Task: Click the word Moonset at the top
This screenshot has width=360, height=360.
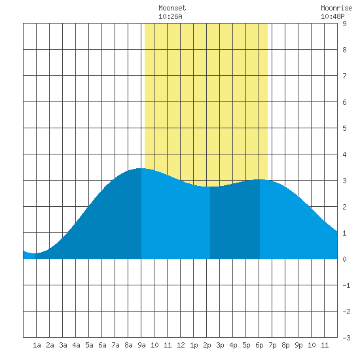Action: (x=172, y=8)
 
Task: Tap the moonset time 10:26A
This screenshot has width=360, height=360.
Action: (x=170, y=16)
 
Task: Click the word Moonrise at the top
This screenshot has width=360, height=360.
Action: (x=336, y=8)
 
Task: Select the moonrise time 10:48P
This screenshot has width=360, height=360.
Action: (x=333, y=16)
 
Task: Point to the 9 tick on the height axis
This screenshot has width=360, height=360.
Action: (x=344, y=24)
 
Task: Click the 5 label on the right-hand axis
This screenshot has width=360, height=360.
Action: (x=344, y=128)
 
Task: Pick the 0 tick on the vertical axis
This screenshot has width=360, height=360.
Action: (x=344, y=259)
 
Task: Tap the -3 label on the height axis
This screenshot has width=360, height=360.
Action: (x=346, y=338)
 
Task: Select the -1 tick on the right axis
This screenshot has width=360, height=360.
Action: (x=346, y=285)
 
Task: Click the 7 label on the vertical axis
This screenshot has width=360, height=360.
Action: (x=344, y=76)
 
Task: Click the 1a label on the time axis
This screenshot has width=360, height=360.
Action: (x=37, y=345)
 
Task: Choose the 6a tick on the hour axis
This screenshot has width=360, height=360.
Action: (x=102, y=345)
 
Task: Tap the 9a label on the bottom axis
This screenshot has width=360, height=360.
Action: (x=141, y=345)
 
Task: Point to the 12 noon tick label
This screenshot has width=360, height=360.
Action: (x=181, y=345)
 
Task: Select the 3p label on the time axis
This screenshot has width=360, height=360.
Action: (x=220, y=345)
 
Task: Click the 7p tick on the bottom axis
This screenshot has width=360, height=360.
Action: (x=272, y=345)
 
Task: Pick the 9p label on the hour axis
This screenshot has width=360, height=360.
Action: (x=298, y=345)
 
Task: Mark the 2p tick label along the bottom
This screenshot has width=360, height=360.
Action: (x=207, y=345)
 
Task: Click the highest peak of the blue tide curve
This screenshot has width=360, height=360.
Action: (x=141, y=168)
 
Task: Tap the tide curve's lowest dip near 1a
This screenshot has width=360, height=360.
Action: (x=35, y=253)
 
